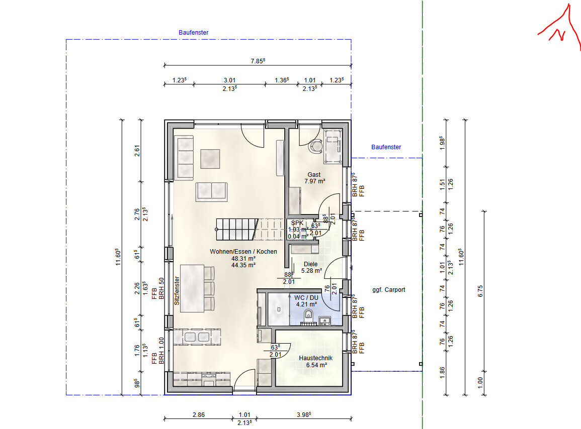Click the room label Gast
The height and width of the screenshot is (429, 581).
[314, 175]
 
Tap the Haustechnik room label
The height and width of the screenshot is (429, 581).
[316, 358]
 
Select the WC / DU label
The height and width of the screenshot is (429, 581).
[306, 297]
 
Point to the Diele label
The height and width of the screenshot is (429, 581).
[310, 264]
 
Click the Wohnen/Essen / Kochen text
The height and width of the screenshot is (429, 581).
[243, 252]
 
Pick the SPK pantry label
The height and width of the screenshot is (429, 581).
[297, 223]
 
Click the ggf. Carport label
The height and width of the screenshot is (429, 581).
[389, 290]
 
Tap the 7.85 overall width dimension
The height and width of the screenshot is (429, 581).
[258, 61]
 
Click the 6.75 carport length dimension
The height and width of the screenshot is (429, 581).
[480, 291]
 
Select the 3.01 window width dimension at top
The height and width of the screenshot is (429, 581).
[229, 80]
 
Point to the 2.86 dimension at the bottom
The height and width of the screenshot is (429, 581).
[199, 415]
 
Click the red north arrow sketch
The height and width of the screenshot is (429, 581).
[560, 27]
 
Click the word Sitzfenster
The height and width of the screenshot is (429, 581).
[177, 290]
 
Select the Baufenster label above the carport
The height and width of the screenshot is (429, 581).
[386, 147]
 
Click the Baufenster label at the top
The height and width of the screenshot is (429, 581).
[194, 33]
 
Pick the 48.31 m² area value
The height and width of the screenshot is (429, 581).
[243, 259]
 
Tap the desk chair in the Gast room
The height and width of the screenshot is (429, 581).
[316, 146]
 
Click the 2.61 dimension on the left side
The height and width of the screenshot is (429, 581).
[137, 151]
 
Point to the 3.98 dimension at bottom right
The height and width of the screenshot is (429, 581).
[303, 414]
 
